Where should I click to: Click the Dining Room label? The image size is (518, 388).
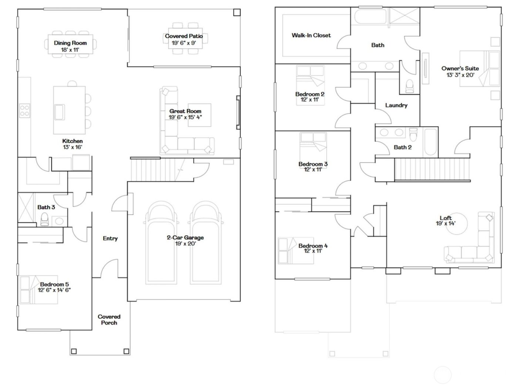point(70,43)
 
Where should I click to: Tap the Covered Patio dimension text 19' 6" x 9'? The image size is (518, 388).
point(184,43)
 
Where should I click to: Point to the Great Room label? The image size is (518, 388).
point(185,111)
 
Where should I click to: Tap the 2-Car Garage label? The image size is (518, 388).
point(185,238)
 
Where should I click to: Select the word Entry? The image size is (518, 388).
point(110,239)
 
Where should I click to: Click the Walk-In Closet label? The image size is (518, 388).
point(311,35)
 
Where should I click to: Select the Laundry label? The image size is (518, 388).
point(396,105)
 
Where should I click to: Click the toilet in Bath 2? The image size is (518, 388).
point(414,133)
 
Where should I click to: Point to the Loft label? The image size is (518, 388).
point(445,218)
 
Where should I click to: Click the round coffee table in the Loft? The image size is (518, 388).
point(456,224)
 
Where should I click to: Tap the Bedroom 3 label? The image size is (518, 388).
point(313,164)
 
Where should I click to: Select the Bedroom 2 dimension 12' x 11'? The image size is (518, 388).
point(310,100)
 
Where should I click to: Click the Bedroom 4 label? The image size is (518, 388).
point(313,246)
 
